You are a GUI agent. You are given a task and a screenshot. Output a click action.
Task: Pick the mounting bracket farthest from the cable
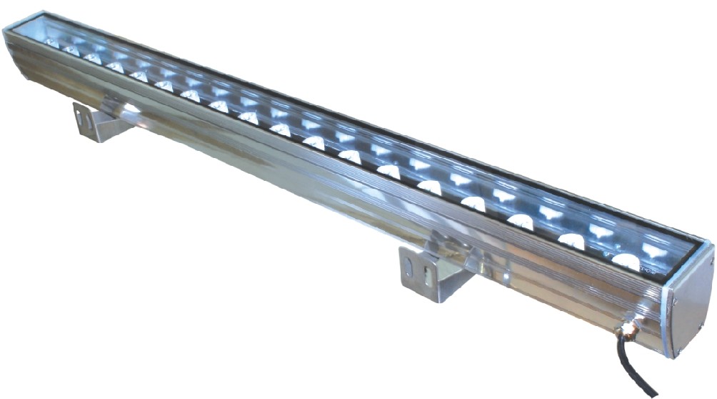point(100,122)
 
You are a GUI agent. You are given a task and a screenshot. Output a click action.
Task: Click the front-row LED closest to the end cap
point(626,261)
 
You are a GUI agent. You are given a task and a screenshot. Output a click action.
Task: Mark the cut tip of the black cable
point(653,393)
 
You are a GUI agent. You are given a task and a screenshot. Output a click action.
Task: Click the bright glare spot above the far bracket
point(129,109)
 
